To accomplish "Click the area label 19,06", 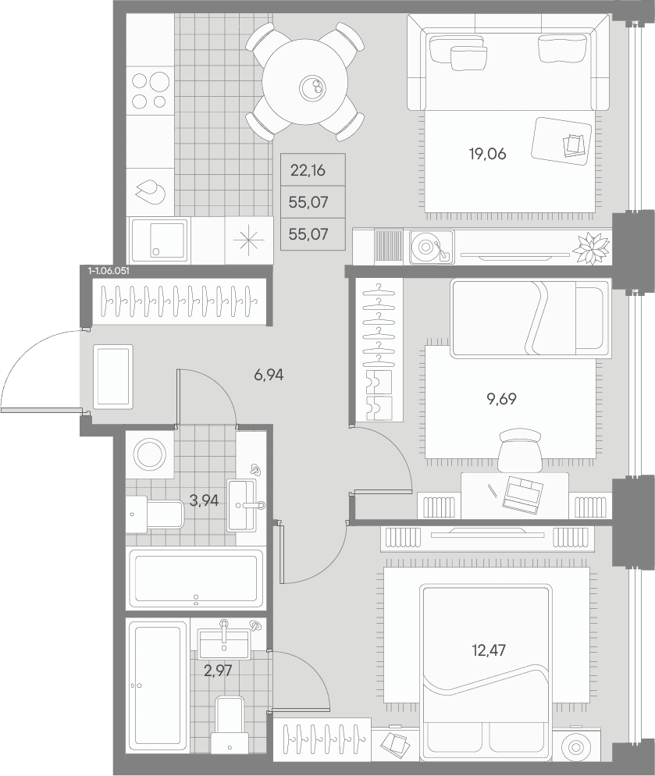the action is [487, 155].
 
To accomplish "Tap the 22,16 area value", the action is [308, 171].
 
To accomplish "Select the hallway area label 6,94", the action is [269, 376].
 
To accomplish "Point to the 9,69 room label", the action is [501, 399].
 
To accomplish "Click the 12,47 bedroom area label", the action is [489, 650].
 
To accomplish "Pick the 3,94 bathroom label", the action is [204, 501].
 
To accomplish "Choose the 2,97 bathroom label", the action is [218, 671].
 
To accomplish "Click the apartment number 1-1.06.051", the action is [109, 271].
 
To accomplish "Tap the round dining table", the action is [306, 90].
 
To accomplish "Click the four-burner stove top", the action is [151, 91].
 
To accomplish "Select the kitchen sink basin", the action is [159, 240].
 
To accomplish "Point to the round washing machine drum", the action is [150, 454].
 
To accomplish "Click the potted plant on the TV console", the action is [591, 247].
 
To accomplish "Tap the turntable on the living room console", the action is [431, 246].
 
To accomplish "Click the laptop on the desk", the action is [523, 493].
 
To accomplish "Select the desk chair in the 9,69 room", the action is [518, 450].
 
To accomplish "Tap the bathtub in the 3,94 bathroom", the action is [197, 578].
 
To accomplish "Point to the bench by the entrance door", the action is [113, 377].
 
